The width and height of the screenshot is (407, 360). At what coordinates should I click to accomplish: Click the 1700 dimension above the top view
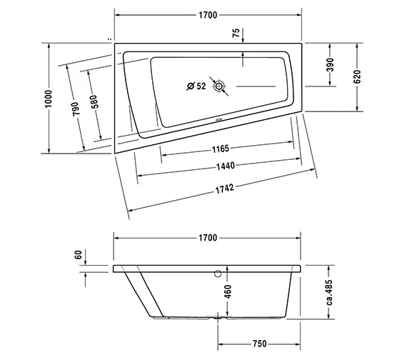[208, 15]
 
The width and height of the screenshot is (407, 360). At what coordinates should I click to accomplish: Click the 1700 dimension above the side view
[208, 238]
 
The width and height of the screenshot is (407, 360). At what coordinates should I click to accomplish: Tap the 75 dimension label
[236, 33]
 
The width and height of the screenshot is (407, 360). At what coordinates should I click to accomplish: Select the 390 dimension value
[330, 65]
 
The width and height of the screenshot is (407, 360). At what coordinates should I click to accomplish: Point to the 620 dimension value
[357, 76]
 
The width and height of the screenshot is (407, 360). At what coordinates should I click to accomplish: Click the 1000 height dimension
[49, 99]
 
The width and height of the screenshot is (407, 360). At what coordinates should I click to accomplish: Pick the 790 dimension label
[74, 109]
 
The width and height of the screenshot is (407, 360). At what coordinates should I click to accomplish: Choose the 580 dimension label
[95, 101]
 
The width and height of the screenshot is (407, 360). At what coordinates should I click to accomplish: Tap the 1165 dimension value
[221, 149]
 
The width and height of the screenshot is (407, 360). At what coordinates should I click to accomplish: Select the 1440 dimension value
[226, 166]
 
